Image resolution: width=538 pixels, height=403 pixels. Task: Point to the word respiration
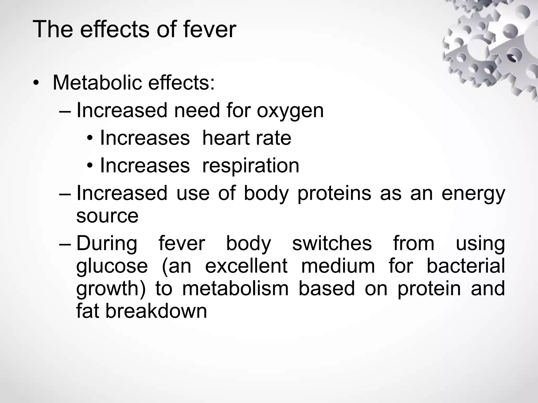coord(251,166)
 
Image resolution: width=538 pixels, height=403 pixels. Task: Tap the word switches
coord(332,243)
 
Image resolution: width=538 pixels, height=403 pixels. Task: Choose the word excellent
coord(246,266)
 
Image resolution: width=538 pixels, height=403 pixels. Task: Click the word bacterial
coord(465,266)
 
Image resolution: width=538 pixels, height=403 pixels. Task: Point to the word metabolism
coord(235,289)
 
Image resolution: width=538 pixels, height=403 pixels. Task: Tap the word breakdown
coord(156,311)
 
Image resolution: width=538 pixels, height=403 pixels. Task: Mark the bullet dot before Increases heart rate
coord(90,138)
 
